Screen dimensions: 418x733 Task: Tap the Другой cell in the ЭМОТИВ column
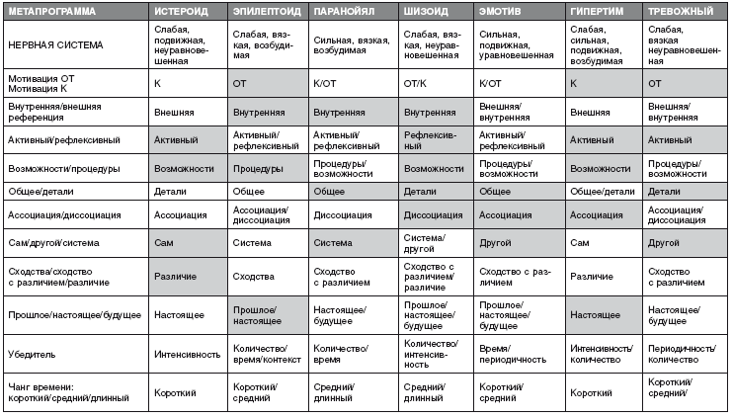click(x=494, y=241)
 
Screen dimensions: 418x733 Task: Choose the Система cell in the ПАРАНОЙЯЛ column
click(x=332, y=241)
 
